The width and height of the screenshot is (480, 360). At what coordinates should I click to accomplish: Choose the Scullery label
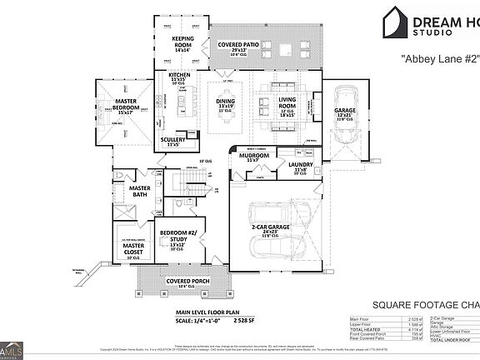[x=175, y=142]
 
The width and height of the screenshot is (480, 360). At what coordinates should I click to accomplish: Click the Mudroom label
[x=254, y=156]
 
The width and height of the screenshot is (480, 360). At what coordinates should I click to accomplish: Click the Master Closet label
[x=133, y=247]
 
